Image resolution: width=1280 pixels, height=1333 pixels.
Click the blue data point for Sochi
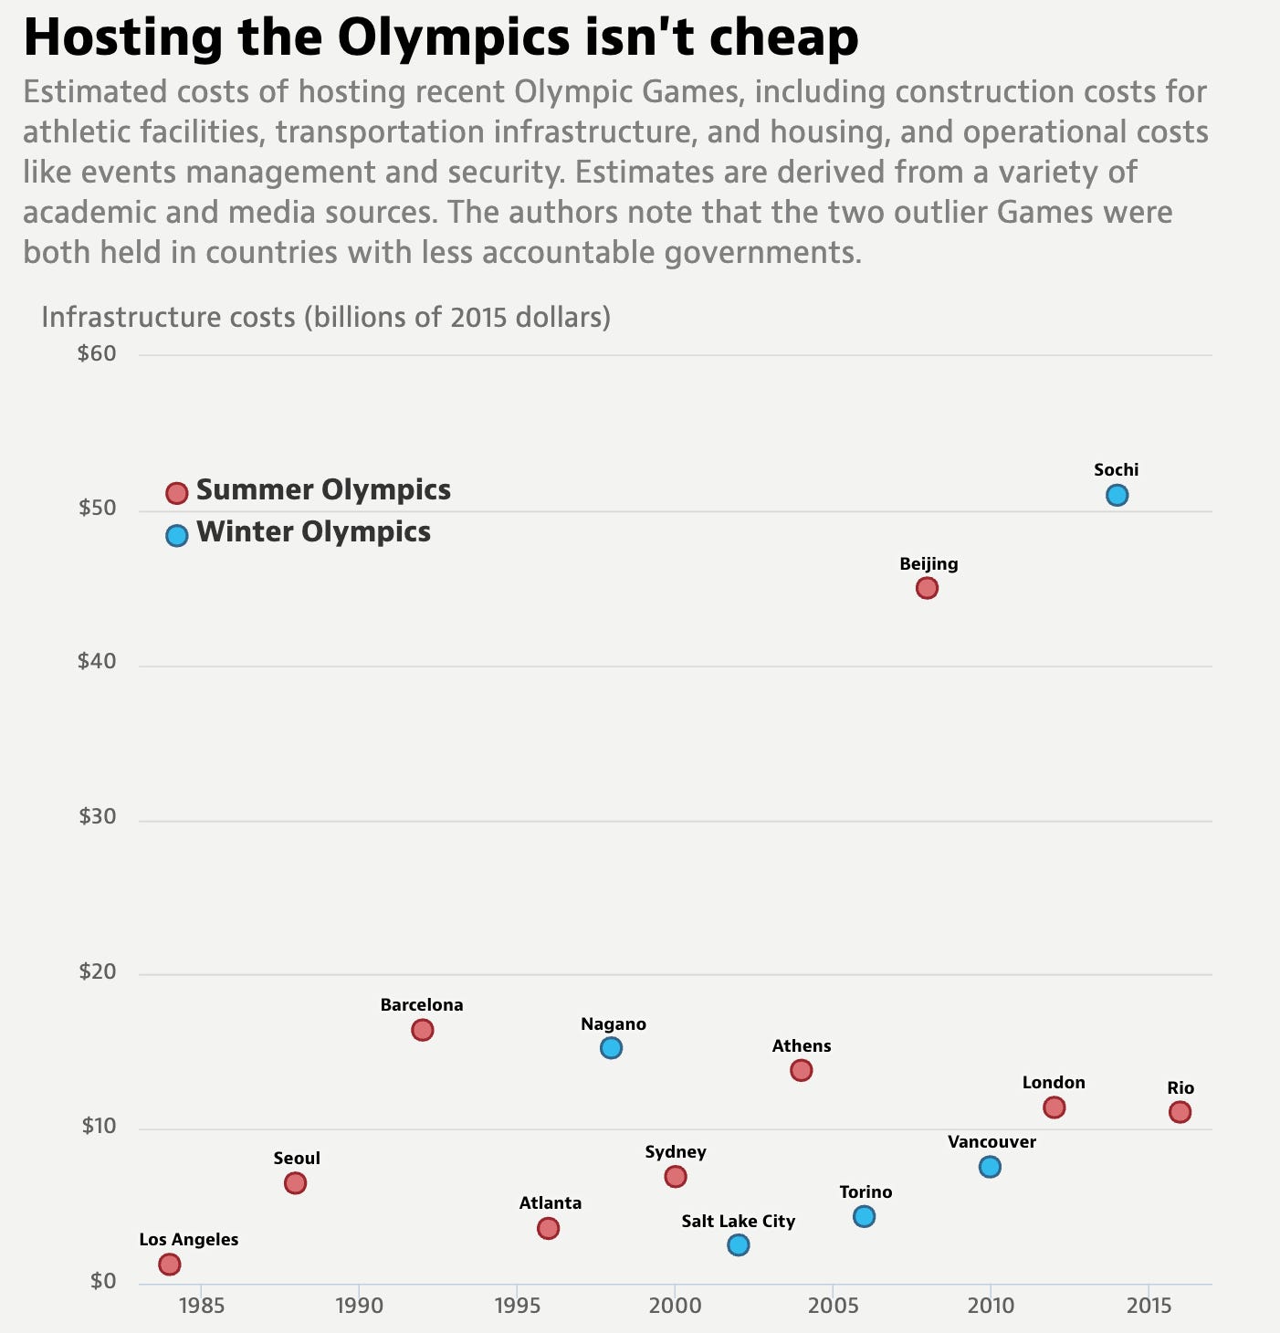click(1117, 495)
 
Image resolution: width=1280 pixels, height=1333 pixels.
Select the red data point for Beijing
click(927, 588)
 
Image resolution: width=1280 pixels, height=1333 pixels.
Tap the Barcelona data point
click(422, 1030)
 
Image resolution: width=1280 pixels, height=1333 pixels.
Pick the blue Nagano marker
click(611, 1048)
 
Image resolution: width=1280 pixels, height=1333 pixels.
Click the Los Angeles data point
click(169, 1265)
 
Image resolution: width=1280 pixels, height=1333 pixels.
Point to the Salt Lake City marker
click(739, 1245)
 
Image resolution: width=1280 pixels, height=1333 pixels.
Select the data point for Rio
click(1180, 1112)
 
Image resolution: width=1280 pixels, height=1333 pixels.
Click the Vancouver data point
click(990, 1167)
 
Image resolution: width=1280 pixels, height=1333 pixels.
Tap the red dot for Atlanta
click(548, 1229)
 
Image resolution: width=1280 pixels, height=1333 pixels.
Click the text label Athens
click(802, 1046)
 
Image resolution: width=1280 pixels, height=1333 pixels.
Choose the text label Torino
click(866, 1192)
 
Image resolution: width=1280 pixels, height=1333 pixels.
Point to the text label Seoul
click(297, 1159)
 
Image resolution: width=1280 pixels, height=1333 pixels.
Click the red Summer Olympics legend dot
click(176, 493)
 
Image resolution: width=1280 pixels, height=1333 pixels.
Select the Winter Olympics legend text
click(313, 532)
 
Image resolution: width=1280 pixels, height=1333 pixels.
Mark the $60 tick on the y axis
click(97, 354)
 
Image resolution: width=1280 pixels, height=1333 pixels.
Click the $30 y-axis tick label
click(97, 817)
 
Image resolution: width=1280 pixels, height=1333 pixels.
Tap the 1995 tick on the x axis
click(517, 1306)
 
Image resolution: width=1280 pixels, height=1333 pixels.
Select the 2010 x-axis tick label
click(990, 1306)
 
